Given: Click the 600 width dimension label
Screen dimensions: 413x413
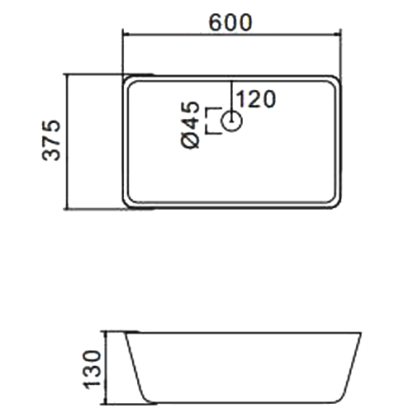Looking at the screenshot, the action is point(230,22).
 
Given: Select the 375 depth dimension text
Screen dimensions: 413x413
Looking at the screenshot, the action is point(51,140).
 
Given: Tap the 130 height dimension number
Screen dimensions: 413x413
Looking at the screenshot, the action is point(93,369).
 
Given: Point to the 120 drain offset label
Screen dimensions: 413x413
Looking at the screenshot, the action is point(256,99).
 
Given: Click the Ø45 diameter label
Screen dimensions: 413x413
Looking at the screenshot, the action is point(190,126).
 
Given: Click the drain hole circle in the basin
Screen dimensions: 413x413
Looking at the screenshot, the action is point(232,121).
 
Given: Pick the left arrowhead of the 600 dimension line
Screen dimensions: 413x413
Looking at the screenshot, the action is point(126,35).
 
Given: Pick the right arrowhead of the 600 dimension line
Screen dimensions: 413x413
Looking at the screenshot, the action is point(337,35).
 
